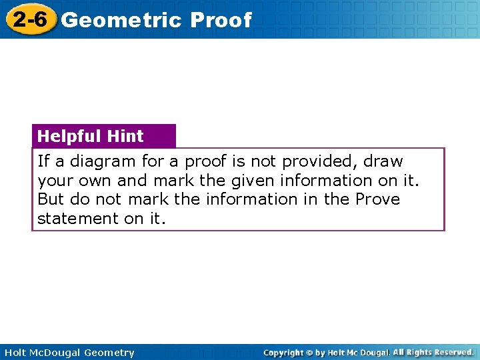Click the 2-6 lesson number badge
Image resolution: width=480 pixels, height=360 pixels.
pos(29,19)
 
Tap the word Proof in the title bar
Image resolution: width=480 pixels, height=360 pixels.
pos(221,20)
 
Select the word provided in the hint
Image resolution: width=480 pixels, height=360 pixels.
pos(319,161)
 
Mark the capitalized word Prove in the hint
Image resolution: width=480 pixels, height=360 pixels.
pos(377,199)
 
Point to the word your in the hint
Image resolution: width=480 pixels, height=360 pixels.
pos(55,181)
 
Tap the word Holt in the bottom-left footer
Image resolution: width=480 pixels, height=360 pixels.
pos(15,353)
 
